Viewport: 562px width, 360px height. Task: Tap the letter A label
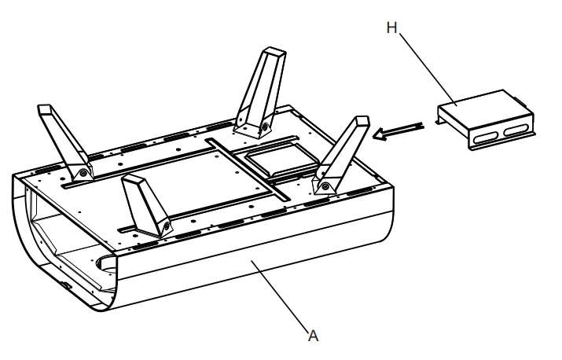(x=313, y=336)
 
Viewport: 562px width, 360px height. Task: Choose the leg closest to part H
(x=343, y=154)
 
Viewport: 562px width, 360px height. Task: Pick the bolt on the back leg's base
(x=266, y=126)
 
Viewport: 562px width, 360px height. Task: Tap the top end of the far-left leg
(x=46, y=109)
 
